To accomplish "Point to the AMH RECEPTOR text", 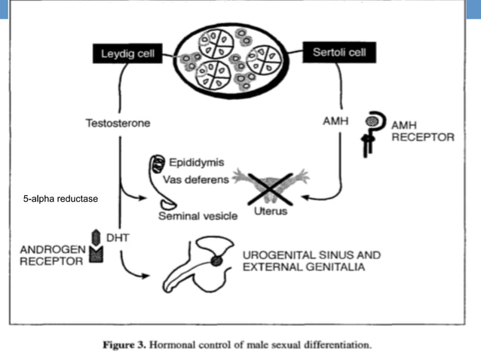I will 421,131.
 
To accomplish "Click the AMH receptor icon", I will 370,133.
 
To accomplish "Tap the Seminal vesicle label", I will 198,216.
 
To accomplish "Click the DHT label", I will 117,237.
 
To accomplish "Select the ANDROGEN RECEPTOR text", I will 53,255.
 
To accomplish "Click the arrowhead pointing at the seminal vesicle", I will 143,200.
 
